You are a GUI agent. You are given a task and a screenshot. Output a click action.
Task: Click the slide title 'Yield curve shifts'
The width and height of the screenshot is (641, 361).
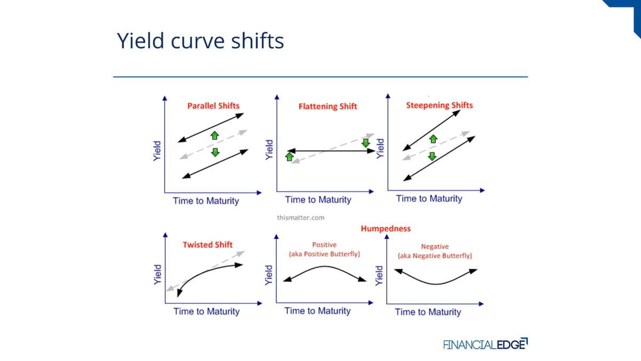coord(200,41)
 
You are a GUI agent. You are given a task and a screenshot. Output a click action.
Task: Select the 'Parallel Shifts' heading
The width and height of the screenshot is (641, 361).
coord(213,106)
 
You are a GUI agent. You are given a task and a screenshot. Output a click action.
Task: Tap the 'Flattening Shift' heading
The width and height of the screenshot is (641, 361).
coord(327,106)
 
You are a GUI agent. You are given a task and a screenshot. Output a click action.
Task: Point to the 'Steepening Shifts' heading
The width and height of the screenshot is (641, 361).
coord(439,105)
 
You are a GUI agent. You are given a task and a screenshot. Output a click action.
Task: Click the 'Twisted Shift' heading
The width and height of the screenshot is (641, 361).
coord(207,245)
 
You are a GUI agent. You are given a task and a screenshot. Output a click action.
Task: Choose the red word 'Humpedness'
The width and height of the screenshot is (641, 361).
coord(386,228)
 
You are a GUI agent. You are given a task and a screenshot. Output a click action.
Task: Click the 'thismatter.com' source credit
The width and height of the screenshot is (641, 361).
coord(300,218)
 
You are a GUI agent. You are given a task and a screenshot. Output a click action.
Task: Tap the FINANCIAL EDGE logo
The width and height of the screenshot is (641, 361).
coord(486,344)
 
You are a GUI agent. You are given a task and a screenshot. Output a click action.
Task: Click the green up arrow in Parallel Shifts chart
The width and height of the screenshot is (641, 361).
coord(215,135)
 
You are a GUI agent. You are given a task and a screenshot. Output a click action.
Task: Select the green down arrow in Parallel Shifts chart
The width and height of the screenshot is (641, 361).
coord(215,152)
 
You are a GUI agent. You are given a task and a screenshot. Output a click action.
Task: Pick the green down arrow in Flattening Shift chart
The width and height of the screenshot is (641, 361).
coord(366,143)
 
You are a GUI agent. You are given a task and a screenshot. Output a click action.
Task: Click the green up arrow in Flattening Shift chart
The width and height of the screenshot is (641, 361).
coord(290,157)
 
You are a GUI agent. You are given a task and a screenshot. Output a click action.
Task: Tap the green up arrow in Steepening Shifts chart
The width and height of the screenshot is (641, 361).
coord(433,139)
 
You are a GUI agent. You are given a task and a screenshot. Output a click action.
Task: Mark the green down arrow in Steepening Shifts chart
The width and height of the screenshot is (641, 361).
coord(432,156)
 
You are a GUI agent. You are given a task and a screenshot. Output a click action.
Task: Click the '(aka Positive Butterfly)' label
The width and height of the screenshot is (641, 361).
coord(324,254)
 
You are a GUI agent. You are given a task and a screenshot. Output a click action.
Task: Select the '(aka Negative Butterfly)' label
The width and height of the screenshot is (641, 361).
coord(435,256)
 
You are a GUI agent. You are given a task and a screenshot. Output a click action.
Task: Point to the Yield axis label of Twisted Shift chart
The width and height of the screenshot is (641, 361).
coord(158,274)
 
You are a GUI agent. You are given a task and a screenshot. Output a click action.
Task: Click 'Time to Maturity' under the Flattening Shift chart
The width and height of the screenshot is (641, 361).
coord(318,199)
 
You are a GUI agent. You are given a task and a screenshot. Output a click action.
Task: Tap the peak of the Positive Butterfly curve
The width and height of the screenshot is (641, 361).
coord(325,267)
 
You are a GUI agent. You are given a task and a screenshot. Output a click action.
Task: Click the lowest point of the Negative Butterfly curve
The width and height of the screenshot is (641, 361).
coord(435,284)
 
